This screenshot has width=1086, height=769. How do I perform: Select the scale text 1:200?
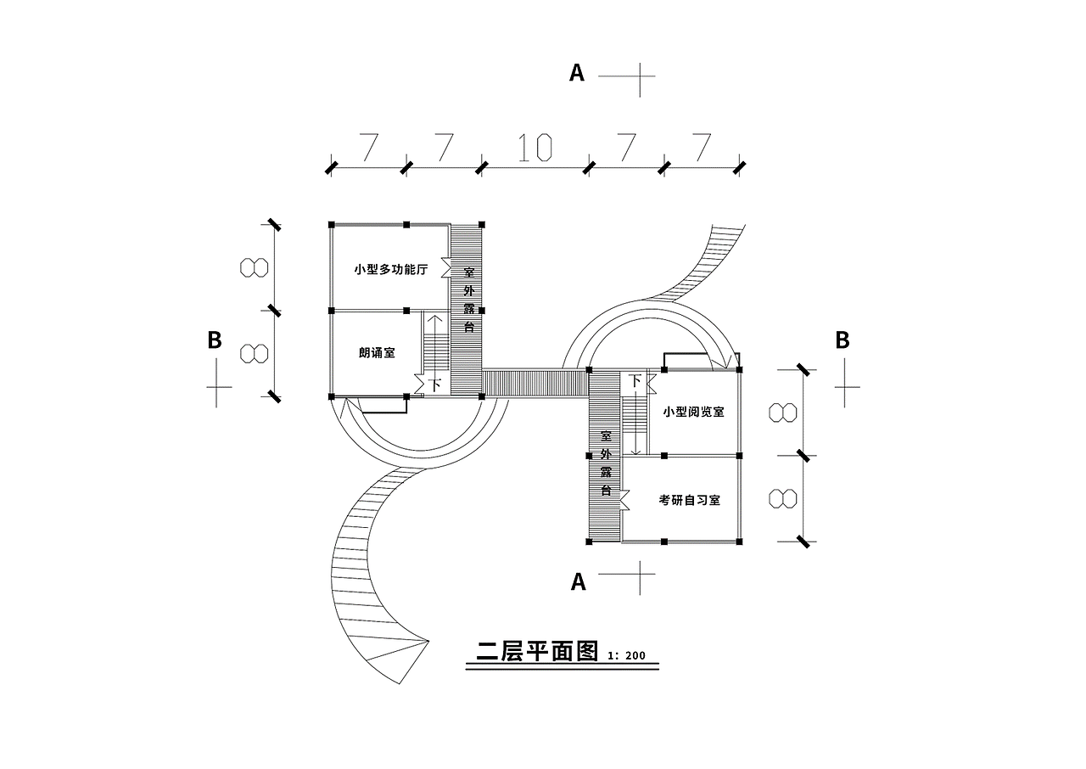pyautogui.click(x=627, y=655)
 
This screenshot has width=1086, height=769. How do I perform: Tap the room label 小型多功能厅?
pyautogui.click(x=390, y=270)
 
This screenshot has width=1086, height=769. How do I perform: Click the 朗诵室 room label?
pyautogui.click(x=377, y=353)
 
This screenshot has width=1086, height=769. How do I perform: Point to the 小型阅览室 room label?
pyautogui.click(x=693, y=412)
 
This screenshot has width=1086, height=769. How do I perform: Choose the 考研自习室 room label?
pyautogui.click(x=689, y=500)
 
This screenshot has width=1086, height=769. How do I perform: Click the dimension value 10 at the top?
pyautogui.click(x=535, y=149)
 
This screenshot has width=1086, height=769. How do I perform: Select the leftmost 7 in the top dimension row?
pyautogui.click(x=368, y=149)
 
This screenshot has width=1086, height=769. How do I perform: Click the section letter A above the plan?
pyautogui.click(x=577, y=74)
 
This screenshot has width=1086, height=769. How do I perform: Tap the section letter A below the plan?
pyautogui.click(x=579, y=581)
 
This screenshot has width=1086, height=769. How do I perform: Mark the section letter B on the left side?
pyautogui.click(x=215, y=340)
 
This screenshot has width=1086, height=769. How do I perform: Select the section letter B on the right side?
pyautogui.click(x=842, y=340)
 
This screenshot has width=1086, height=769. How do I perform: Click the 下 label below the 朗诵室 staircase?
pyautogui.click(x=436, y=384)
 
